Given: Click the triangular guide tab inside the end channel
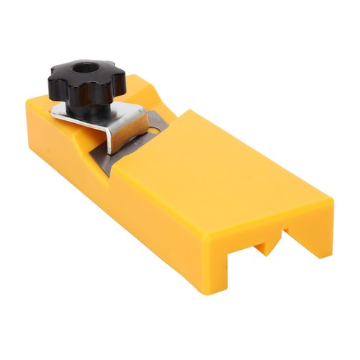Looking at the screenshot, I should [x=265, y=246].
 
